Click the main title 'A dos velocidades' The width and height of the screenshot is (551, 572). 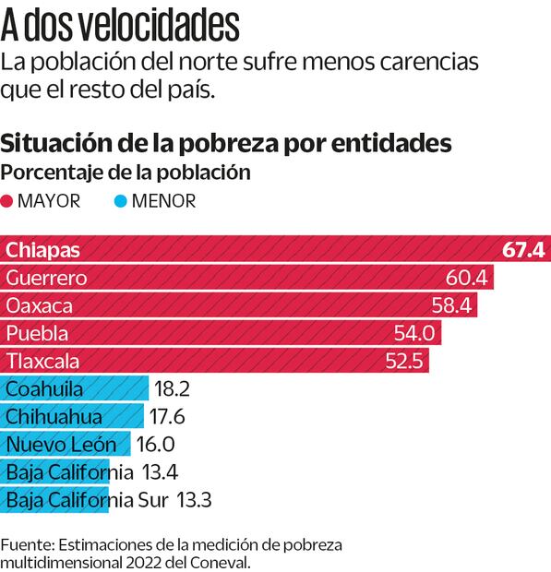coord(119,26)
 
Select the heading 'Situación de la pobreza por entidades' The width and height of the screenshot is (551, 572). coord(227,144)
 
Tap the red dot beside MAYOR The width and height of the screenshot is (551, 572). coord(7,201)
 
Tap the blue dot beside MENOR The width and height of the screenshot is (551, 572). coord(121,201)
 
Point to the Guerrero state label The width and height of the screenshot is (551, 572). coord(46,278)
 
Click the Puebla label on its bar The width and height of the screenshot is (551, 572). coord(36,333)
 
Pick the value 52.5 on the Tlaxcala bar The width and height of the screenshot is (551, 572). coord(404,361)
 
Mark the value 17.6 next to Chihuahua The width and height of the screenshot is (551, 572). coord(168,416)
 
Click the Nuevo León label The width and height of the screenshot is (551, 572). coord(61,445)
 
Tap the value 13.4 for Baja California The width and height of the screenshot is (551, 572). coord(160,472)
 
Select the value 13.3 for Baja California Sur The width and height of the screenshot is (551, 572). coord(193,501)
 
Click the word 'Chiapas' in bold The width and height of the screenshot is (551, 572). coord(42,250)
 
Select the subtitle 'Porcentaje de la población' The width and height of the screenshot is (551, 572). coord(126,173)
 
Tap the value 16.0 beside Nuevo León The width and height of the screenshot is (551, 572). coord(155,445)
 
